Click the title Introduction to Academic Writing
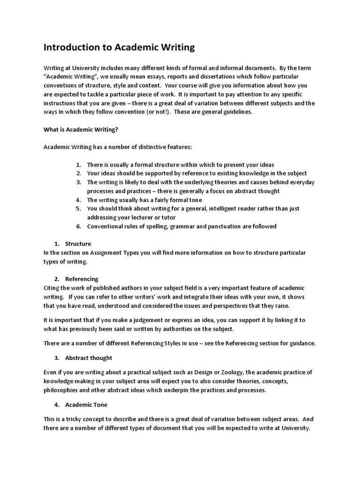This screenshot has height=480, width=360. click(119, 47)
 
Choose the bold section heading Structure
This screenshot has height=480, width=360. click(78, 244)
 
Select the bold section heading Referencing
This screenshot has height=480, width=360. click(82, 279)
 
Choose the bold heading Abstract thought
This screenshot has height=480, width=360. click(89, 358)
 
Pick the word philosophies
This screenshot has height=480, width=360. click(62, 390)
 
